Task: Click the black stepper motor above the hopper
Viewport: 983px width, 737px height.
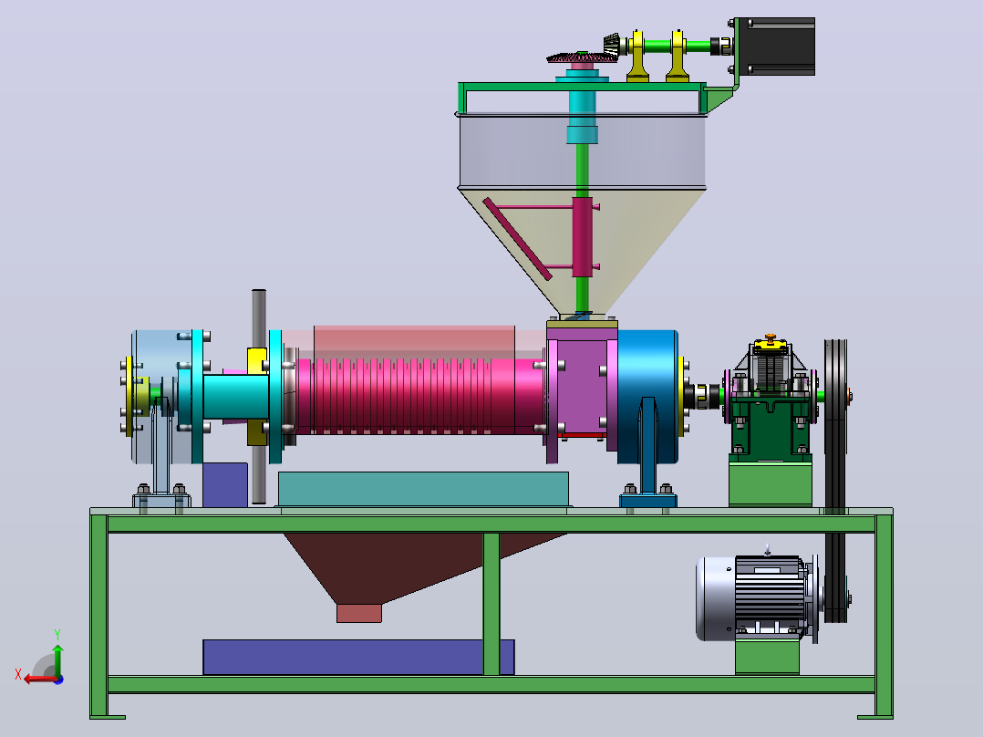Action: click(x=776, y=47)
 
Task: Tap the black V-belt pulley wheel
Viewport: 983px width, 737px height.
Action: click(x=835, y=481)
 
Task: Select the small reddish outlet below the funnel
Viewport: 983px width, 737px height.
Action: click(x=359, y=614)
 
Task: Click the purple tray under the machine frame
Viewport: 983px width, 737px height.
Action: click(x=358, y=658)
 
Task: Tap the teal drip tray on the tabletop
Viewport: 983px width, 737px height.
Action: click(x=423, y=489)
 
